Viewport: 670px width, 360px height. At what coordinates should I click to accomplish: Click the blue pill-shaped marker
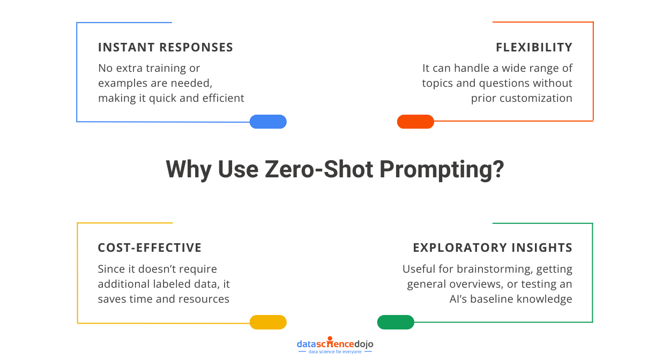click(268, 122)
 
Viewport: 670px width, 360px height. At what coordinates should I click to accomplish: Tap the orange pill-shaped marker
click(415, 122)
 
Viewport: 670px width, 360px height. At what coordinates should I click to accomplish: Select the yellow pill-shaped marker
click(268, 322)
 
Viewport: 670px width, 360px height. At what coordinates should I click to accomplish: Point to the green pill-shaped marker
click(396, 322)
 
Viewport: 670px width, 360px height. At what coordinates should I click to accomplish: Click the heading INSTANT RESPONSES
click(166, 47)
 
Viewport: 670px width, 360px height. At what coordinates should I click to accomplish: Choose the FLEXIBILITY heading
click(534, 47)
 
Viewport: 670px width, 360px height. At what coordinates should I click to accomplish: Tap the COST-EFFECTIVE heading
click(150, 247)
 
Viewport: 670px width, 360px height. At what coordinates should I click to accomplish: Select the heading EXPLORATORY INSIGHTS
click(493, 247)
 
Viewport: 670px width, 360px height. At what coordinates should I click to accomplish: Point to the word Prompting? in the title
click(442, 169)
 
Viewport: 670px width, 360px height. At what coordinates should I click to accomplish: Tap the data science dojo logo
click(335, 346)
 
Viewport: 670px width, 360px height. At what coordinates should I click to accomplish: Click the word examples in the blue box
click(123, 83)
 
